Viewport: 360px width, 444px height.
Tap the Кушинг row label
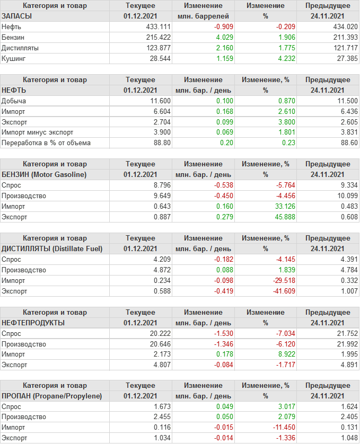click(14, 58)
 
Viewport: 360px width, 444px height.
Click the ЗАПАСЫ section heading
click(17, 16)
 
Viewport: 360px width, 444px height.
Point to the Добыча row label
click(14, 101)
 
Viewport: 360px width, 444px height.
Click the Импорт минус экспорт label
click(38, 132)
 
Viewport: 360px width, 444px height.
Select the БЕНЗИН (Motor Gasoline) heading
click(44, 174)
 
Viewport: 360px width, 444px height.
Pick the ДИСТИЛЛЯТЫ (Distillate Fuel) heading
click(52, 248)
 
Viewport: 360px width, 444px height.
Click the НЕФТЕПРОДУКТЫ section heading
click(33, 323)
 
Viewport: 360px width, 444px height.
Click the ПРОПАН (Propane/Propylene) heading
click(51, 396)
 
